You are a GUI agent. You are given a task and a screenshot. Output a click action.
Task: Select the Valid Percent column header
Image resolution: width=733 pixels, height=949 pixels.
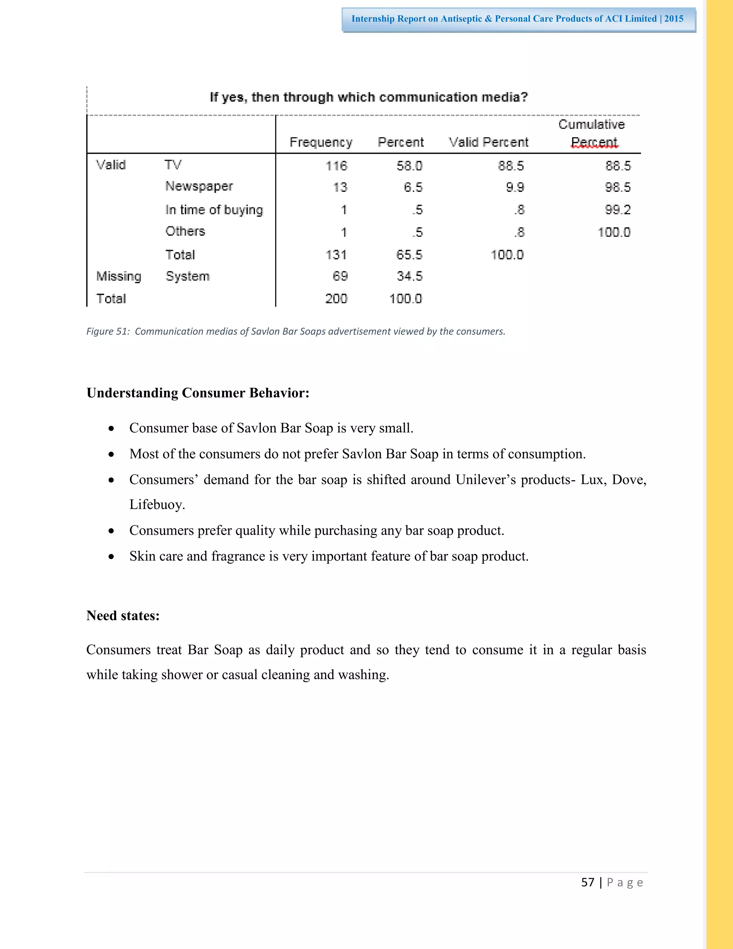(x=488, y=142)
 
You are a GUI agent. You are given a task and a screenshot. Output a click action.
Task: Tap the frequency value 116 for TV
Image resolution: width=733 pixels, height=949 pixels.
(x=336, y=165)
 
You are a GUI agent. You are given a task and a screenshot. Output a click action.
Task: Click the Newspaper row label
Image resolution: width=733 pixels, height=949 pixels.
(x=199, y=187)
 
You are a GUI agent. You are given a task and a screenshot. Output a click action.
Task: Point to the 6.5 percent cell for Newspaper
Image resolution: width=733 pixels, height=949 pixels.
(x=413, y=187)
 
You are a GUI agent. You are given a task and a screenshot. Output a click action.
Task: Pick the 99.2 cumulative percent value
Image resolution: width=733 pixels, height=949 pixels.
(x=617, y=210)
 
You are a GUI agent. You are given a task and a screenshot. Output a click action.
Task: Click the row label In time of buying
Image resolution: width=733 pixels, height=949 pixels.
(x=214, y=210)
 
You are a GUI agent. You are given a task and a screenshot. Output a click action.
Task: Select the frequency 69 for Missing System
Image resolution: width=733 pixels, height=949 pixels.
(x=340, y=276)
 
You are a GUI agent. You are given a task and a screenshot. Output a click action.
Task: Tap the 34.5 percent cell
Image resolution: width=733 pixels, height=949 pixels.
(x=409, y=276)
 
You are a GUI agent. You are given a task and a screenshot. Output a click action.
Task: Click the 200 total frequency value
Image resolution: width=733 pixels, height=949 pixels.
(x=336, y=299)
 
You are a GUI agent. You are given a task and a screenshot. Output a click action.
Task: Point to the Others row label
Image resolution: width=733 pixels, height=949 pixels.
(x=185, y=231)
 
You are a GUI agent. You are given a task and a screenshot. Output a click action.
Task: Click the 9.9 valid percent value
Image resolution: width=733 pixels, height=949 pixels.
(x=515, y=187)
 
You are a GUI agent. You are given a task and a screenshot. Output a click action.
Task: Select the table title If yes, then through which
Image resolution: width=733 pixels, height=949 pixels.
(x=369, y=97)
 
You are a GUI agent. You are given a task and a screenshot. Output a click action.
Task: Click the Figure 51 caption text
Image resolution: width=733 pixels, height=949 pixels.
(x=296, y=332)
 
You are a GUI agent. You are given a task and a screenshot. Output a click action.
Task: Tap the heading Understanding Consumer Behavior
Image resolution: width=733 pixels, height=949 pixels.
(x=198, y=393)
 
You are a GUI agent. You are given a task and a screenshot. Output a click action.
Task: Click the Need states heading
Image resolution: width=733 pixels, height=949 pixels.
(x=123, y=615)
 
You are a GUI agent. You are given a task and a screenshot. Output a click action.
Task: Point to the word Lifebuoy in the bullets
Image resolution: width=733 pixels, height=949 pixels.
(x=156, y=505)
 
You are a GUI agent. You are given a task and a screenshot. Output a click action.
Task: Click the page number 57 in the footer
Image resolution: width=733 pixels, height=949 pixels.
(x=588, y=882)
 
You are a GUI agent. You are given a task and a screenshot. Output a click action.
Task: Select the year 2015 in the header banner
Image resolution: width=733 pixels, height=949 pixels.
(x=674, y=19)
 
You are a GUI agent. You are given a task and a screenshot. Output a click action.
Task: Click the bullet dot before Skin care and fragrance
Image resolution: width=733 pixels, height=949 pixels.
(x=112, y=557)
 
